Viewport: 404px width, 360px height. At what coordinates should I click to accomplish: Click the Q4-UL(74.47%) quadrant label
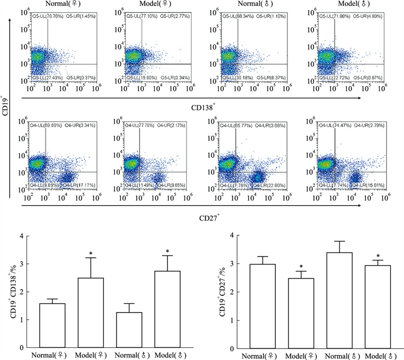[x=335, y=125]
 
